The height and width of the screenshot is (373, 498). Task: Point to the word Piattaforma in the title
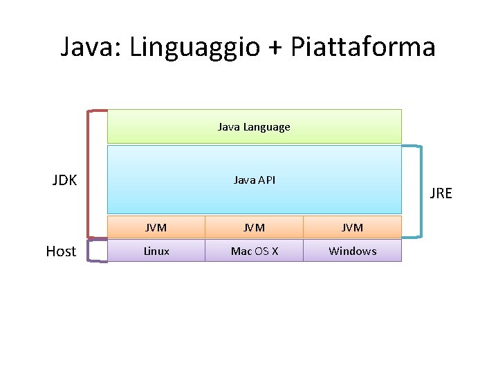[362, 47]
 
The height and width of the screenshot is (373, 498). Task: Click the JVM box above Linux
[156, 227]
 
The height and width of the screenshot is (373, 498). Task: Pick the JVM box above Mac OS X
[254, 227]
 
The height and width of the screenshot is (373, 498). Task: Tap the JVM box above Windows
[352, 227]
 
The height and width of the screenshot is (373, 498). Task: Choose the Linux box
[156, 251]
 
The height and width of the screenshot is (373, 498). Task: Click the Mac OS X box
[254, 251]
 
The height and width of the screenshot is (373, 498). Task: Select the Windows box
[352, 251]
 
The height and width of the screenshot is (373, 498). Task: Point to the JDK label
[64, 181]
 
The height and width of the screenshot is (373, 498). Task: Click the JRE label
[441, 193]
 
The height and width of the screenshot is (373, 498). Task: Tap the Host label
[61, 251]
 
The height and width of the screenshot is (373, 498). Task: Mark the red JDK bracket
[88, 173]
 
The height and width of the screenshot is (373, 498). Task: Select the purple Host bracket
[89, 250]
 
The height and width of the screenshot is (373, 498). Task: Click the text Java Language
[254, 127]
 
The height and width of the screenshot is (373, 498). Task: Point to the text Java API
[254, 180]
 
